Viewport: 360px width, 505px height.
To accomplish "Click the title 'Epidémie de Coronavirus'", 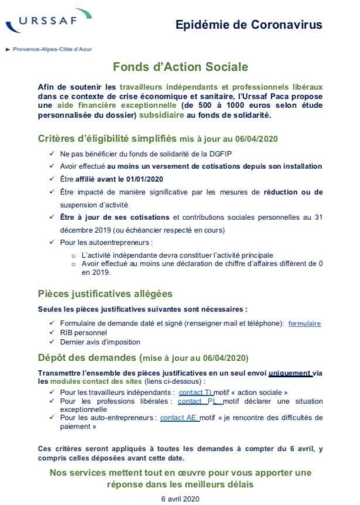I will pos(249,25).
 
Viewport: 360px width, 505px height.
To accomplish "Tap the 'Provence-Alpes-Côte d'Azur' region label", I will pos(52,49).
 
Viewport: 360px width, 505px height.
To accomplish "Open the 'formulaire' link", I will pos(304,323).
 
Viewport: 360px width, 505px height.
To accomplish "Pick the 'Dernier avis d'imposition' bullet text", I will pos(100,342).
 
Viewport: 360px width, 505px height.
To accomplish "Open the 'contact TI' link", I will pos(196,392).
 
